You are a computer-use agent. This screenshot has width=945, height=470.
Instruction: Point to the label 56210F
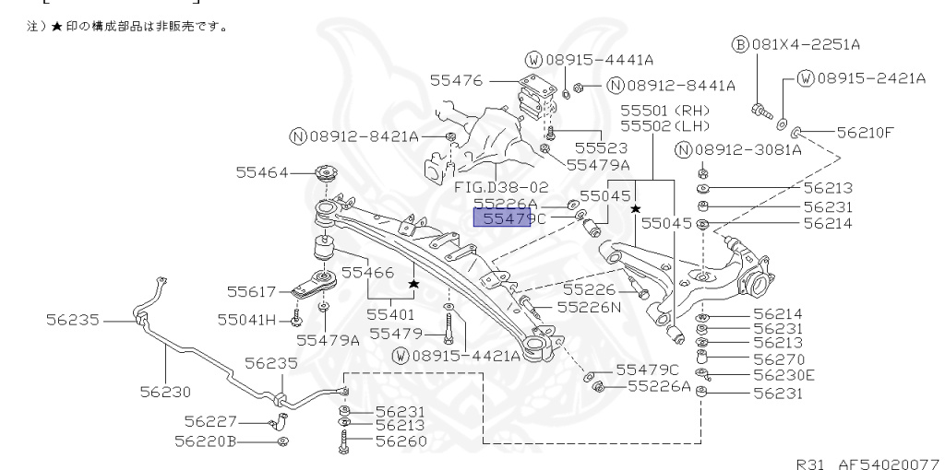[866, 132]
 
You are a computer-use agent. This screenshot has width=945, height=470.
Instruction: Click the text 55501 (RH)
[663, 109]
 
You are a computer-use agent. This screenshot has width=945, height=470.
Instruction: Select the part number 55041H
[246, 320]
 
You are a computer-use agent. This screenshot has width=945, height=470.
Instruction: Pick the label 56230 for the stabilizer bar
[167, 392]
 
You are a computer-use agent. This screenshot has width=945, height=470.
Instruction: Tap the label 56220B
[206, 441]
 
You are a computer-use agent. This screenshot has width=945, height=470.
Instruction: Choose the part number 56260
[401, 441]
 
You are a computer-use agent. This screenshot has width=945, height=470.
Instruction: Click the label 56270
[778, 358]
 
